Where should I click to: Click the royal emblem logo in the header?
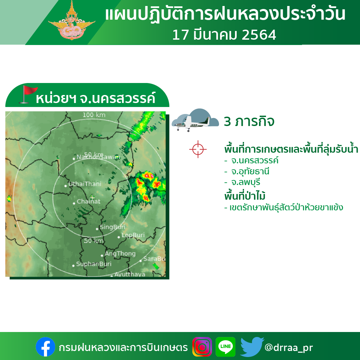click(72, 21)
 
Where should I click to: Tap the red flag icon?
click(28, 94)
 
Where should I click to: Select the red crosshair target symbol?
click(198, 149)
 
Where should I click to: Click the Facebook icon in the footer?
click(45, 347)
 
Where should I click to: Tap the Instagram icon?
click(202, 347)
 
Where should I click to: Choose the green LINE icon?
click(225, 347)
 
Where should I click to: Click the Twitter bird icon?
click(252, 347)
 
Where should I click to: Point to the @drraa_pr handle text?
click(289, 347)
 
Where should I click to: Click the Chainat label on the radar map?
click(89, 201)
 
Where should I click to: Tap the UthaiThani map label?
click(85, 184)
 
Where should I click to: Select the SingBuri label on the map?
click(112, 227)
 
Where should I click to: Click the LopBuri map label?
click(133, 235)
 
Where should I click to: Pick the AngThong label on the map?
click(120, 253)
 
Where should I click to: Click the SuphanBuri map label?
click(94, 264)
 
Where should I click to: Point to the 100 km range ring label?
click(94, 115)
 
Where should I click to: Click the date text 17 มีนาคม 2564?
click(224, 35)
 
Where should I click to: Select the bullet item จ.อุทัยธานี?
click(247, 172)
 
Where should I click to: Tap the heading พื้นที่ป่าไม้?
click(245, 196)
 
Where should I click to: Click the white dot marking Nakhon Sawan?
click(74, 159)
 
